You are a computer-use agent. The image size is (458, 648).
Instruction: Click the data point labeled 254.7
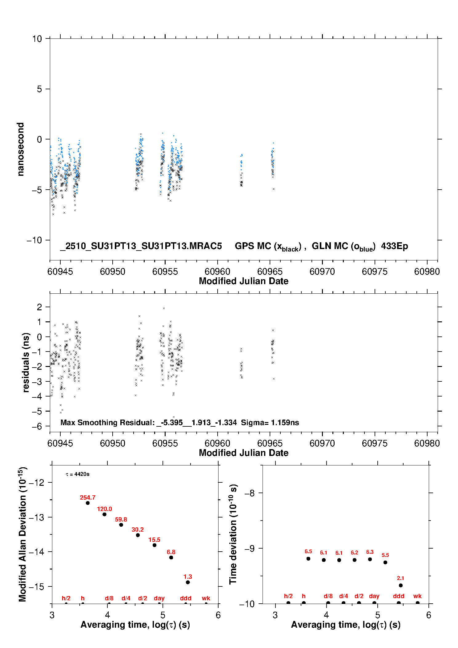point(88,503)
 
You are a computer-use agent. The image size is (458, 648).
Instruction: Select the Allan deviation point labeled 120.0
point(104,514)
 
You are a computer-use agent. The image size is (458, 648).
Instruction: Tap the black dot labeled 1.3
point(188,582)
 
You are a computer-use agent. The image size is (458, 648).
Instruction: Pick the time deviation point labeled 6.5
point(308,559)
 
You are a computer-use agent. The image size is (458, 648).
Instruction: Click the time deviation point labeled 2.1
point(400,586)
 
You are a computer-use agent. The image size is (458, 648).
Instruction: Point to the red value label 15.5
point(154,540)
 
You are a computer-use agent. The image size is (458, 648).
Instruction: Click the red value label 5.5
point(385,555)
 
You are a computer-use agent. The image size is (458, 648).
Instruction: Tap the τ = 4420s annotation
point(78,474)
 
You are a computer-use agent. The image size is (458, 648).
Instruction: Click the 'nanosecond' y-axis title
point(21,149)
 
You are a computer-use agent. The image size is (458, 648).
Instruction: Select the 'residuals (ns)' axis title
point(26,362)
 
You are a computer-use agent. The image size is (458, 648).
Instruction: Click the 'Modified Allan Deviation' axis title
point(22,534)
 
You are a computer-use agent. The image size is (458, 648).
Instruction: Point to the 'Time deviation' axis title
point(233,534)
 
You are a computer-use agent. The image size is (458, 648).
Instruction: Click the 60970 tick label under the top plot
point(322,272)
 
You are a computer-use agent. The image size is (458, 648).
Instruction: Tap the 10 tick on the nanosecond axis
point(37,39)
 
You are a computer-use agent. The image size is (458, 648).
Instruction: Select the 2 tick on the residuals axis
point(39,307)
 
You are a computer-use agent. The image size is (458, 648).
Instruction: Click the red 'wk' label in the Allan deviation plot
point(206,598)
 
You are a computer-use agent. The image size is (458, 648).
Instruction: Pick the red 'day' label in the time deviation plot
point(374,596)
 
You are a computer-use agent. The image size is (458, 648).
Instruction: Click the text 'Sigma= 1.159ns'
point(270,423)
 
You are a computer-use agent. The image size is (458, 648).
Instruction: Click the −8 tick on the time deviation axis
point(250,493)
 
